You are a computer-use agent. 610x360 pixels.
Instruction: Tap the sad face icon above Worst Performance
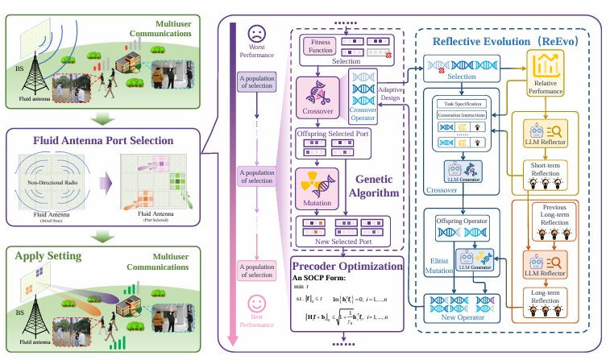point(257,33)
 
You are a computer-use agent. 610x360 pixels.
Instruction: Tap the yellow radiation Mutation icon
point(311,181)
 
